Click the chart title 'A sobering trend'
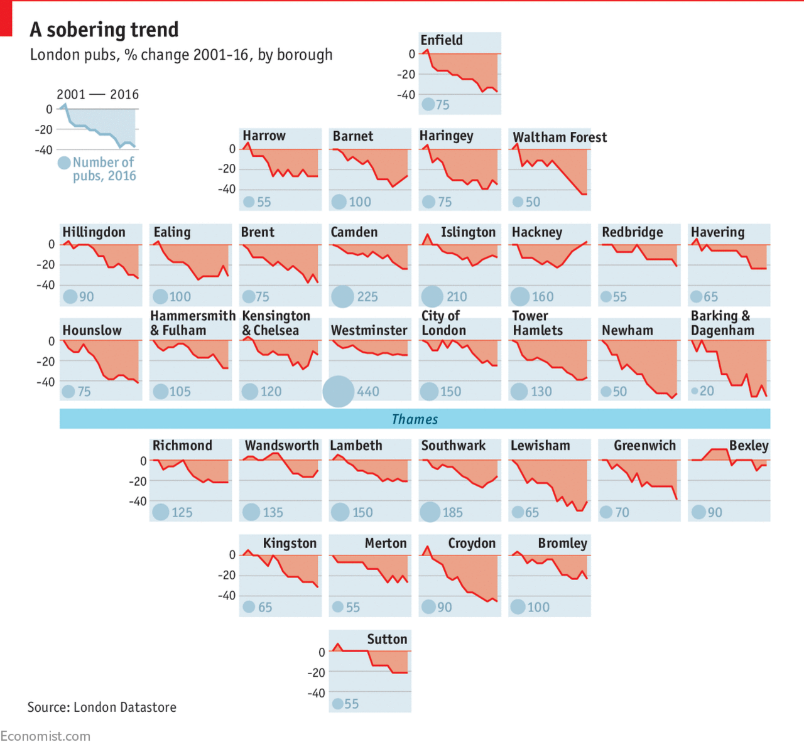point(104,30)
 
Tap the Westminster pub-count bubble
point(339,391)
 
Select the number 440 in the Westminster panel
point(368,392)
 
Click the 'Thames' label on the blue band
point(415,419)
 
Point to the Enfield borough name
point(442,40)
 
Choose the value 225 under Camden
point(367,297)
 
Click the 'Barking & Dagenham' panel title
point(722,323)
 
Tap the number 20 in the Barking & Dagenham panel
point(707,391)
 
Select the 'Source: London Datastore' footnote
point(102,707)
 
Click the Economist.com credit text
point(45,736)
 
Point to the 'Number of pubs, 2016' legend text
point(104,169)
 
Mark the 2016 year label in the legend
point(124,95)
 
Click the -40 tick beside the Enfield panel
point(406,95)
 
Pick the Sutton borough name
point(387,639)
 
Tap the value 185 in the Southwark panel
point(452,512)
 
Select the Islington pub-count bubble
point(432,296)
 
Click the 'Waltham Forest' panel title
point(560,137)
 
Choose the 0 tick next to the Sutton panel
point(322,652)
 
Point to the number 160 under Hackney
point(543,297)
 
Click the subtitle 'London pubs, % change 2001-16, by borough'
point(182,55)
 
